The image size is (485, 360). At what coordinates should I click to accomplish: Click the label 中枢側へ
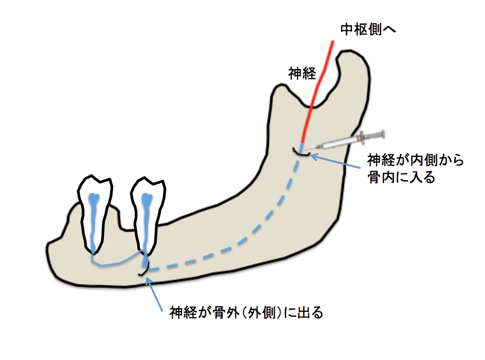click(x=368, y=29)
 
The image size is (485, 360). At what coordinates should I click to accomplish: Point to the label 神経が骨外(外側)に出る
click(x=247, y=313)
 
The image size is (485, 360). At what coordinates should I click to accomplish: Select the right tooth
click(x=147, y=212)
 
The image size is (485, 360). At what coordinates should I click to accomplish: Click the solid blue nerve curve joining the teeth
click(x=115, y=263)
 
